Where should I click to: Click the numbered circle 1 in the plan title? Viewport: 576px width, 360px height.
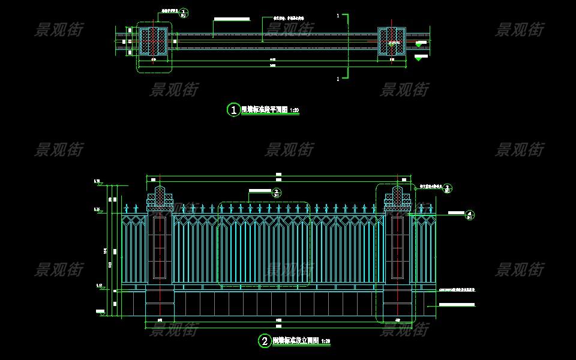pyautogui.click(x=233, y=110)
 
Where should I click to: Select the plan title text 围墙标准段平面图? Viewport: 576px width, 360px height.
pyautogui.click(x=264, y=110)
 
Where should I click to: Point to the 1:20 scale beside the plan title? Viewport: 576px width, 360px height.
pyautogui.click(x=294, y=110)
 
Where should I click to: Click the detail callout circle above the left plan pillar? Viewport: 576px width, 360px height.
pyautogui.click(x=184, y=12)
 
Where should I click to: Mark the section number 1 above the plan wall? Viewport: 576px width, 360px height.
pyautogui.click(x=338, y=14)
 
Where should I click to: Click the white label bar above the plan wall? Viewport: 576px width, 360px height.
pyautogui.click(x=232, y=19)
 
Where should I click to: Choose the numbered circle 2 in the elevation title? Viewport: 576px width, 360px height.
pyautogui.click(x=265, y=341)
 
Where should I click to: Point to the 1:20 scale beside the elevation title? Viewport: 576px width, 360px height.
pyautogui.click(x=326, y=341)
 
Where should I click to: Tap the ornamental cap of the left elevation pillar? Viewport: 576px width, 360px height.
pyautogui.click(x=160, y=197)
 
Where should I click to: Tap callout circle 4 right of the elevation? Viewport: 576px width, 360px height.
pyautogui.click(x=470, y=214)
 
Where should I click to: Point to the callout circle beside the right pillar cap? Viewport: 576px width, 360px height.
pyautogui.click(x=448, y=188)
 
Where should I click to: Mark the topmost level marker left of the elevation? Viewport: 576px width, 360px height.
pyautogui.click(x=97, y=181)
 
